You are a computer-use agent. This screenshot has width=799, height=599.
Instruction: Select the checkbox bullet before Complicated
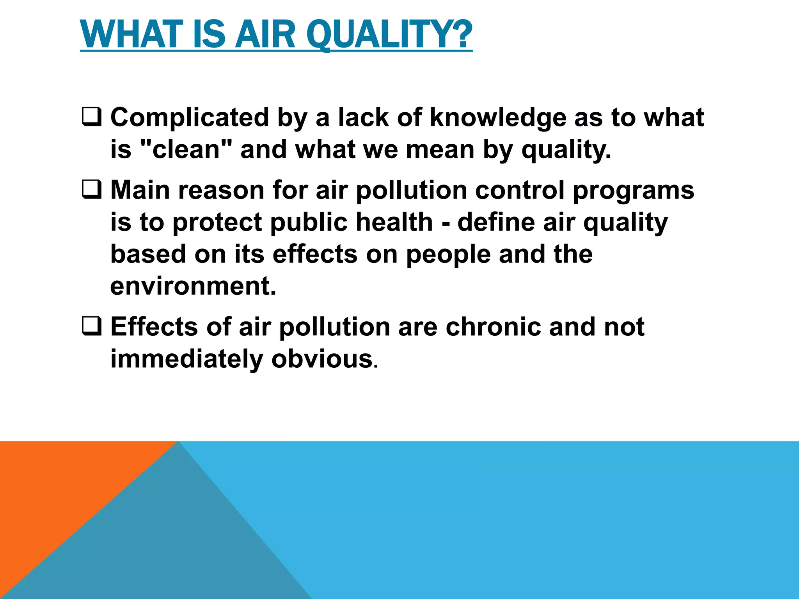[x=92, y=117]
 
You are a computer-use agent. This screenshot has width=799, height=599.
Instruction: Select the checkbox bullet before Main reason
[x=92, y=190]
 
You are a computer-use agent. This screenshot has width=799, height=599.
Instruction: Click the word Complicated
[x=190, y=117]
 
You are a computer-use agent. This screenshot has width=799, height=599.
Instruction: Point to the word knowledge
[x=498, y=117]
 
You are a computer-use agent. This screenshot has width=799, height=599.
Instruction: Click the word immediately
[x=186, y=359]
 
